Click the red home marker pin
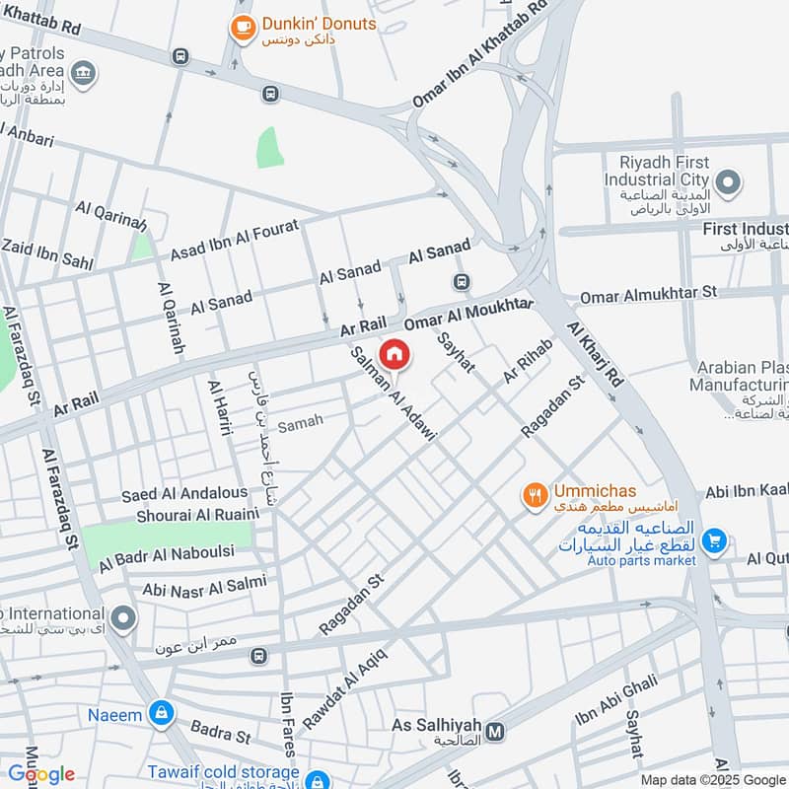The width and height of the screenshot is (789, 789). [x=394, y=353]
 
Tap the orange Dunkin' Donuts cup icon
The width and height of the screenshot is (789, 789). [x=241, y=29]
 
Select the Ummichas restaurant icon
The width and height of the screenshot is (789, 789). [x=536, y=495]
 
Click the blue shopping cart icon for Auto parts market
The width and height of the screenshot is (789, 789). [x=715, y=540]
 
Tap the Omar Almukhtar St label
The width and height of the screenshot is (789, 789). [x=648, y=294]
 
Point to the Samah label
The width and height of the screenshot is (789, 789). [x=301, y=424]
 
